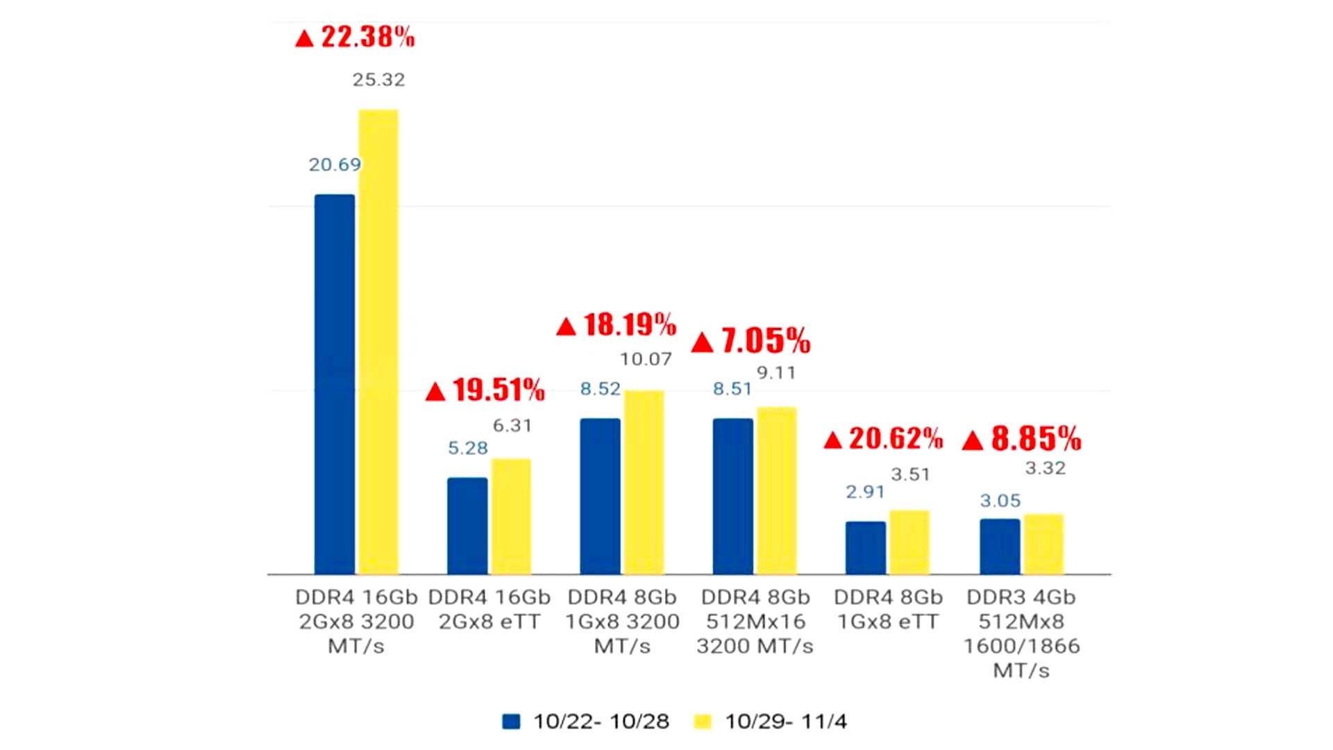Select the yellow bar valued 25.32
pos(378,342)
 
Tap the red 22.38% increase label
pos(355,37)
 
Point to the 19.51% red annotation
pos(485,390)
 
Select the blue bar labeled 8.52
pos(600,496)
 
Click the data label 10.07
pos(646,359)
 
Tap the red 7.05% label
pos(751,341)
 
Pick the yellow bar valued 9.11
pos(776,490)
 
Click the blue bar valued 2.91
pos(866,547)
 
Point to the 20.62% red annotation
pos(883,439)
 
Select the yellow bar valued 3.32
pos(1043,544)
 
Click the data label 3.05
pos(1000,501)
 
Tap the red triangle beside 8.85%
pos(973,441)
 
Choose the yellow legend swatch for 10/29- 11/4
pos(703,722)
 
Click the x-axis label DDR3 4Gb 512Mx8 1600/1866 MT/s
pos(1021,633)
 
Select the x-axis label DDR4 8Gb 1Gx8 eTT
pos(888,609)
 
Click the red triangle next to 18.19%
pos(567,326)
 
